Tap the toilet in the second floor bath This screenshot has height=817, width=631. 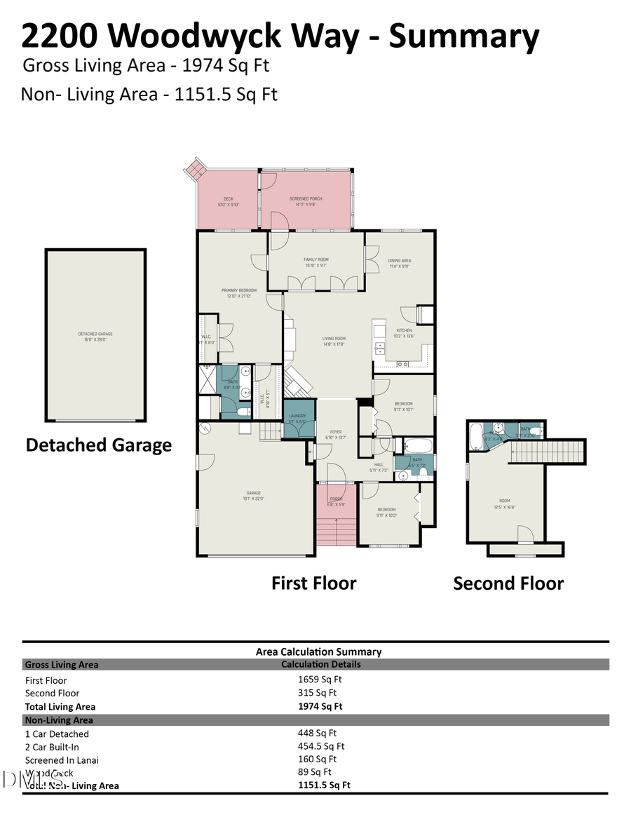[534, 431]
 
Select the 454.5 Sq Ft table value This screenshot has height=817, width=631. [321, 746]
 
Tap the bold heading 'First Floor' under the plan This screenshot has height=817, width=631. [313, 583]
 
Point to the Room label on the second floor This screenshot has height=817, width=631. [499, 504]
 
